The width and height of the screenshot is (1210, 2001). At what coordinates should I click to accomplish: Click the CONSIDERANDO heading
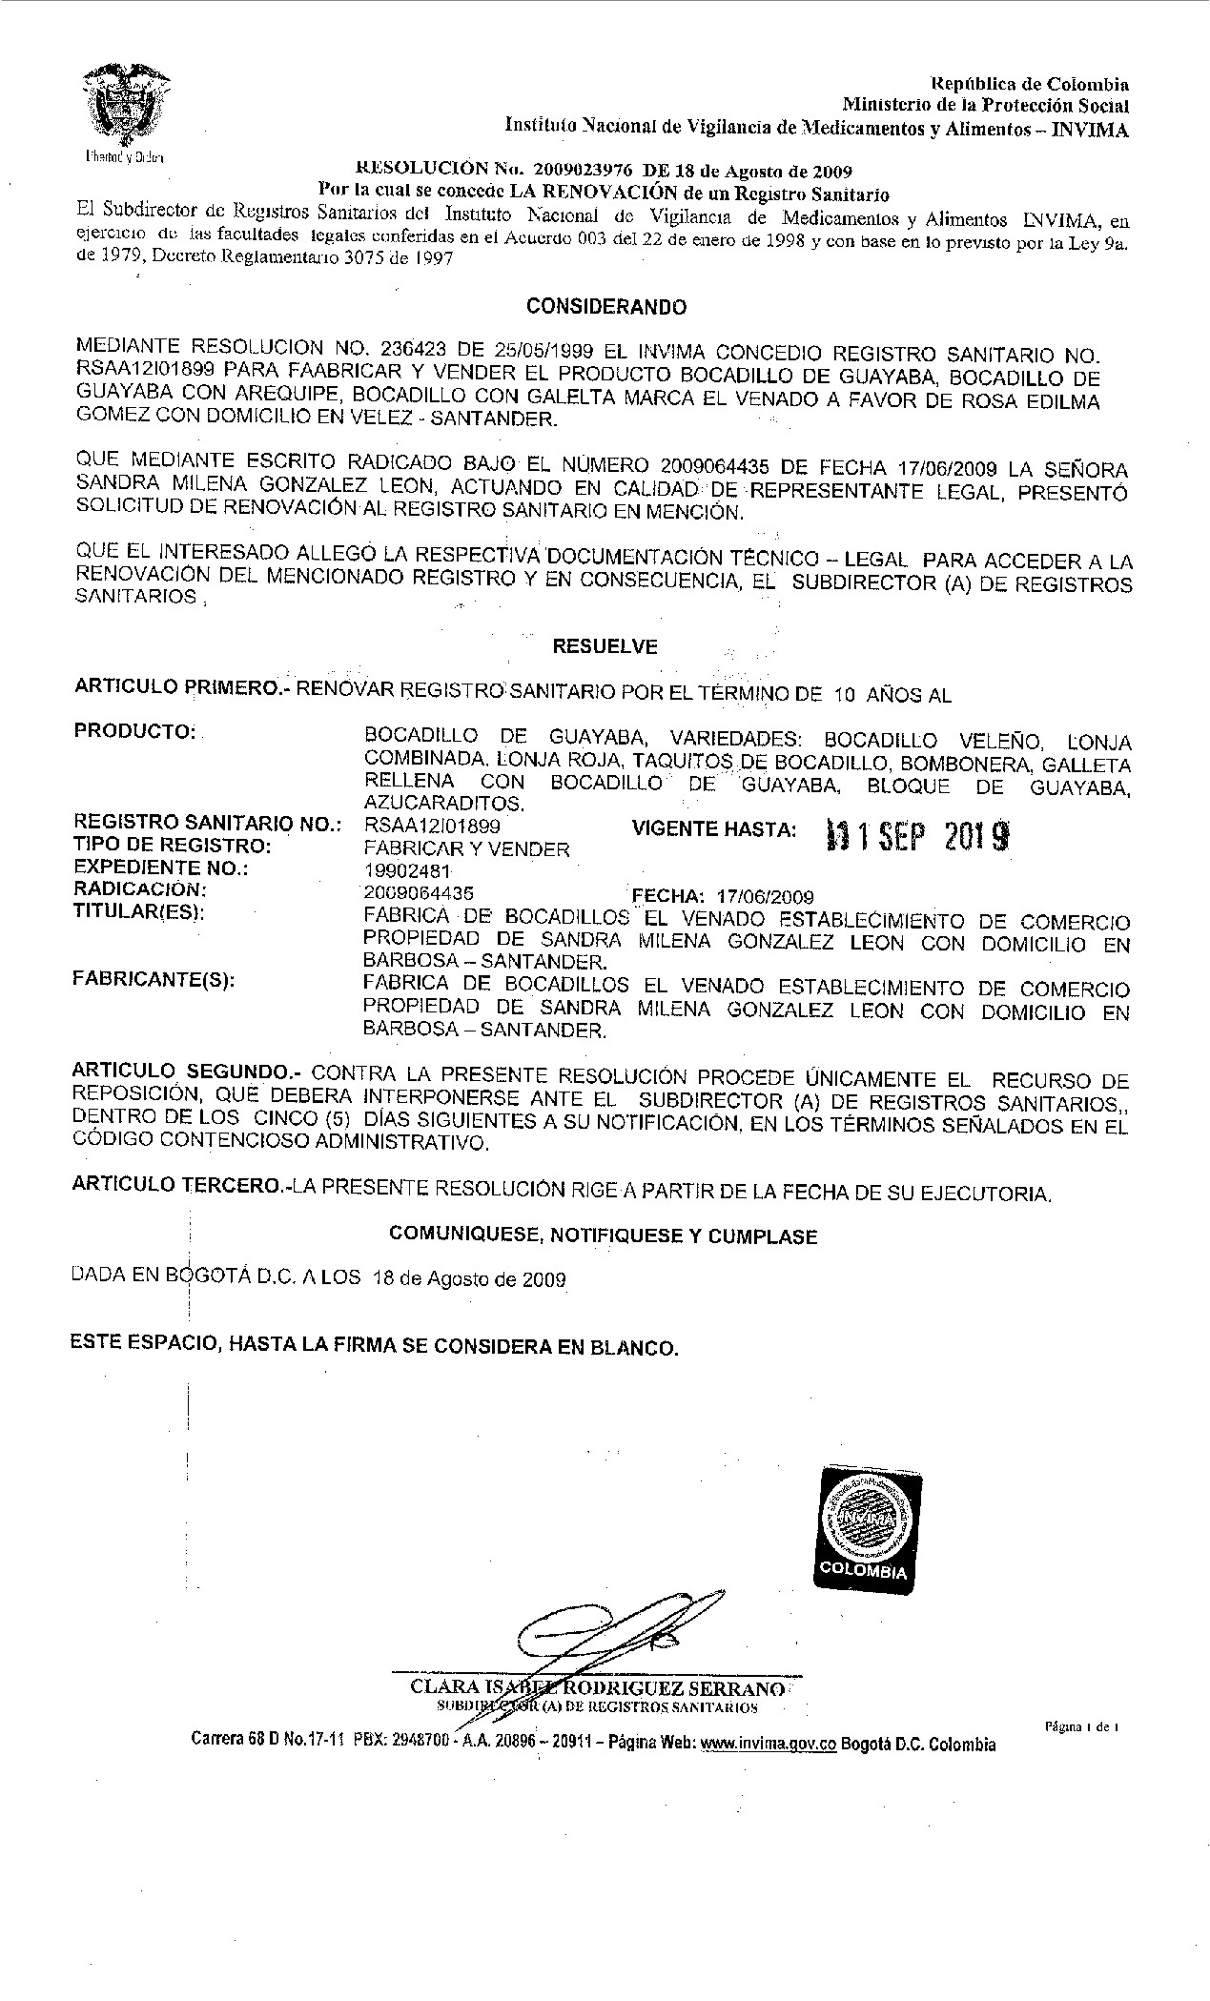coord(606,308)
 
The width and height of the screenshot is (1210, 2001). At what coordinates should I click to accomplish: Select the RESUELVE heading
coord(605,646)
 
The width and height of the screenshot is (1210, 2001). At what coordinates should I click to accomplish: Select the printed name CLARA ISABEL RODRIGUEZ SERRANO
coord(599,1688)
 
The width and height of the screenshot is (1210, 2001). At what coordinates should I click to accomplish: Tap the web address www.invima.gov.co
coord(769,1745)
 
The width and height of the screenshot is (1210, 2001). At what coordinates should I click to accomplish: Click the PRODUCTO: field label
coord(134,731)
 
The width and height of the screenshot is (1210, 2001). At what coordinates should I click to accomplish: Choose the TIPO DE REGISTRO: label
coord(173,847)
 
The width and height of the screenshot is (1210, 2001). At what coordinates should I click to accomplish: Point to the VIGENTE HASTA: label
coord(714,830)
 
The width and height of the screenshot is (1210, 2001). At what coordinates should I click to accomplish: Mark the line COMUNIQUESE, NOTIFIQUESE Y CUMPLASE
coord(604,1236)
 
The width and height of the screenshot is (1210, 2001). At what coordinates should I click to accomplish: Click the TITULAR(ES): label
coord(140,911)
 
